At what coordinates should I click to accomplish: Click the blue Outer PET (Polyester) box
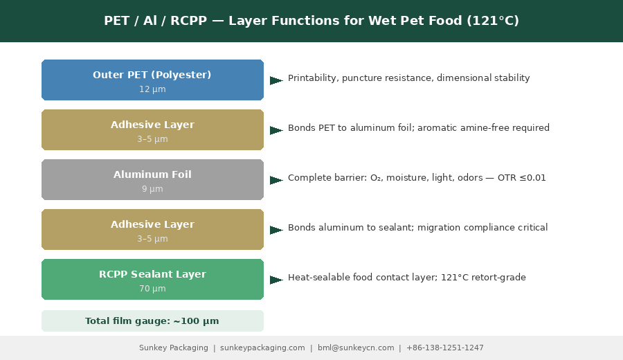tap(152, 80)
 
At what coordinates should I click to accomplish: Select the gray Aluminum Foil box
tap(152, 179)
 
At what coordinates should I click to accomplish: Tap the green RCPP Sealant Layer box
tap(152, 279)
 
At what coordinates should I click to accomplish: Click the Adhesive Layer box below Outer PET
tap(152, 130)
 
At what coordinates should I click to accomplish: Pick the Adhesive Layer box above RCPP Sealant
tap(152, 230)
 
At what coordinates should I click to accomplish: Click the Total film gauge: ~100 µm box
tap(152, 321)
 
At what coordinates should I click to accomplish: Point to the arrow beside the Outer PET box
tap(276, 80)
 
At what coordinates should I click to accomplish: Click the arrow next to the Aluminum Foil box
tap(276, 180)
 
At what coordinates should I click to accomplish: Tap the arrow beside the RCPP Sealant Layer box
tap(276, 280)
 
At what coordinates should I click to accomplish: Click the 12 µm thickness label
tap(152, 89)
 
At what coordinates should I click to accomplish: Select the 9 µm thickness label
tap(152, 189)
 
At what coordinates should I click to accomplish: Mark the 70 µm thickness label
tap(152, 289)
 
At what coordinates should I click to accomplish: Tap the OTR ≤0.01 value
tap(522, 178)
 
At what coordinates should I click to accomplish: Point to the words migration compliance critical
tap(482, 228)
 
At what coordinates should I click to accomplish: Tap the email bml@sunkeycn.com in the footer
tap(356, 348)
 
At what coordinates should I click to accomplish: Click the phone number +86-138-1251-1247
tap(445, 348)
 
